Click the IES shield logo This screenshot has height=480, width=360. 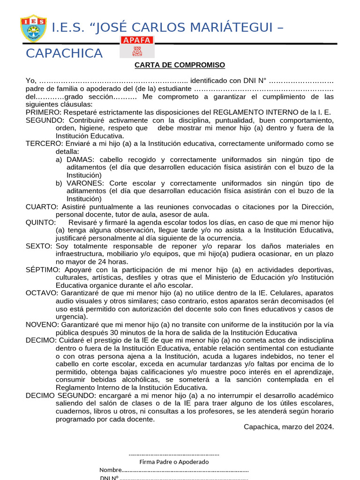[x=33, y=28]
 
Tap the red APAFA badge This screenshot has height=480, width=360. [x=136, y=40]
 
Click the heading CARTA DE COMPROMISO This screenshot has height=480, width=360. [x=180, y=65]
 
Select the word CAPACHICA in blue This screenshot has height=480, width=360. [x=64, y=53]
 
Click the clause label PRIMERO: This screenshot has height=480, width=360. [x=44, y=112]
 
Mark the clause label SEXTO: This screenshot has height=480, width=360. [x=40, y=246]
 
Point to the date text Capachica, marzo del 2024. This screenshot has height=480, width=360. [x=289, y=427]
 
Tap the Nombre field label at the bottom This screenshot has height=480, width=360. [x=111, y=470]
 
